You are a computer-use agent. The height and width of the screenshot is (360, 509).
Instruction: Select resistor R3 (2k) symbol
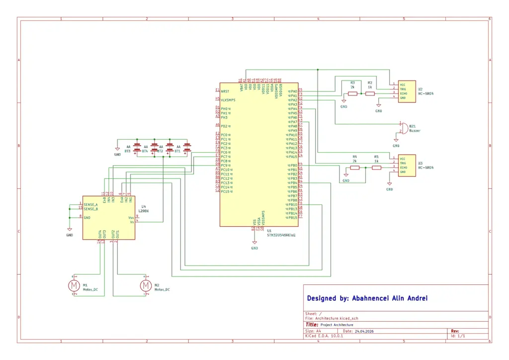352,93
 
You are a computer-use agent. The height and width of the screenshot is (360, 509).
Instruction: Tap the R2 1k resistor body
370,93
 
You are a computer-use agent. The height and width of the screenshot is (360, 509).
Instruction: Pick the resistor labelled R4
355,168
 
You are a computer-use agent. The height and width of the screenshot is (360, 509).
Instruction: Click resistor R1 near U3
376,168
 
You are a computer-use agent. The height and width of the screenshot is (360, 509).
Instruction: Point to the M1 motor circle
74,285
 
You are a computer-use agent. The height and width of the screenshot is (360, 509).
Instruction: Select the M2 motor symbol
146,285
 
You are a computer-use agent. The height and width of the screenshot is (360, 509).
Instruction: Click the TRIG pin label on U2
403,89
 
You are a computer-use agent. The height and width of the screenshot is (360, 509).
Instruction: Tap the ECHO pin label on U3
404,168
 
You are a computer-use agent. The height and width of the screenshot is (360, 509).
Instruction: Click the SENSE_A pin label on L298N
91,204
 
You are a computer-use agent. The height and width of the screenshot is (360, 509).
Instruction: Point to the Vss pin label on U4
131,218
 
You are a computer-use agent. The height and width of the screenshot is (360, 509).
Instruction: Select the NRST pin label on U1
225,91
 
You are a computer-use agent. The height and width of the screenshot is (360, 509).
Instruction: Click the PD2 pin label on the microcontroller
225,126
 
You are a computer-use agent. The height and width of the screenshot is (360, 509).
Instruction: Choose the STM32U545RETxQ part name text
281,235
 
